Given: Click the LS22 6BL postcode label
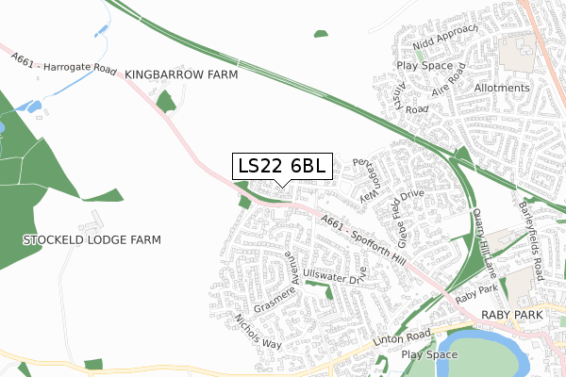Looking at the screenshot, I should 282,166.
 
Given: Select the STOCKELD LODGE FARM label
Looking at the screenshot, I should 92,240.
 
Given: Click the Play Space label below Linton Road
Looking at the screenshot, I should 428,354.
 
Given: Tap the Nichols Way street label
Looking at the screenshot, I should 258,331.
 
